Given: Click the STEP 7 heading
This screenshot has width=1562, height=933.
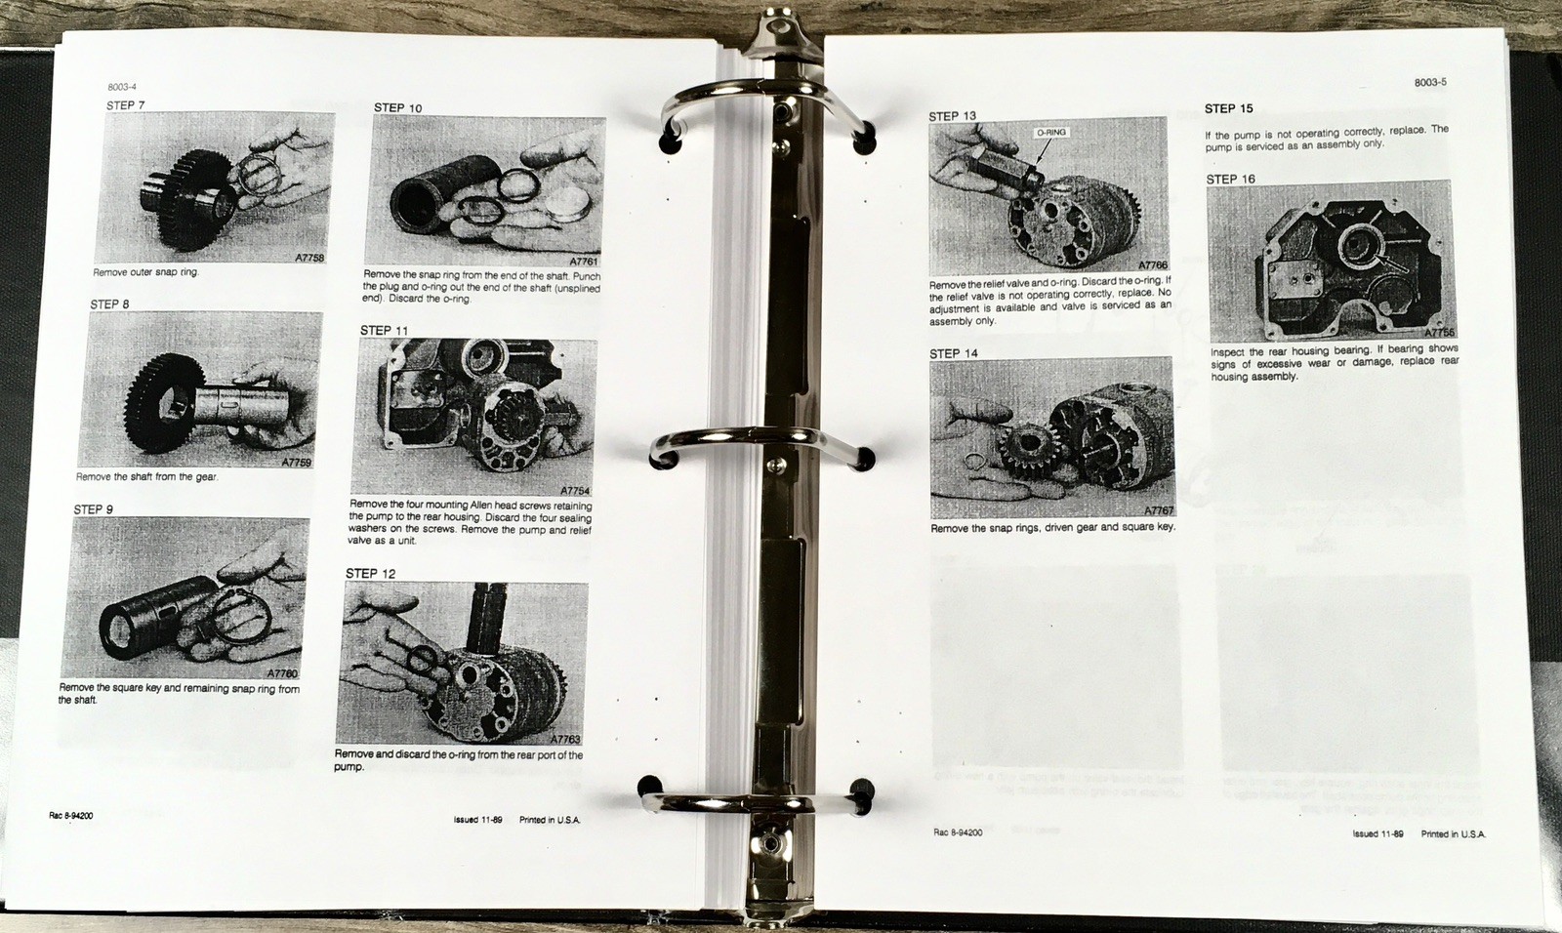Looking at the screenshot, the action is tap(126, 105).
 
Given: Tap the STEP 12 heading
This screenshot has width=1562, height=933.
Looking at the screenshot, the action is tap(370, 573).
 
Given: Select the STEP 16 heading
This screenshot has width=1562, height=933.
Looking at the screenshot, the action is tap(1231, 180).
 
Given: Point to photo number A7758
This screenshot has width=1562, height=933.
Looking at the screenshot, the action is tap(309, 258).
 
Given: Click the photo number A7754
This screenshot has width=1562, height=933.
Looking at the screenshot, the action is tap(575, 491).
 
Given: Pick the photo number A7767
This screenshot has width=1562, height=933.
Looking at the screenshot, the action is tap(1159, 511).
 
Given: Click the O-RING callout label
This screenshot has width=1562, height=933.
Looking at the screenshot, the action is tap(1050, 133).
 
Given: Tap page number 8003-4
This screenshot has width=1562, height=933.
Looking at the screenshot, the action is tap(122, 87).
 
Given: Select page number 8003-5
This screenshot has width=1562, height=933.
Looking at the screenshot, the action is tap(1431, 82).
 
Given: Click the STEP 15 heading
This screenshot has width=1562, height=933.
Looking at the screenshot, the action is tap(1229, 108).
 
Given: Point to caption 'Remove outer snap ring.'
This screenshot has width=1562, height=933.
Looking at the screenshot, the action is tap(145, 272).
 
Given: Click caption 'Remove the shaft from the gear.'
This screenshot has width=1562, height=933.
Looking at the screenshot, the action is tap(146, 477).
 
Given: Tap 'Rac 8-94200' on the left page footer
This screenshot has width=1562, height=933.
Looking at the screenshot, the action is tap(71, 816).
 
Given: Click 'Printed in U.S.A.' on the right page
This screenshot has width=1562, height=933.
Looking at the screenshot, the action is tap(1454, 834).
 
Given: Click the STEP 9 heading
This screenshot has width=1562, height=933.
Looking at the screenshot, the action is tap(93, 509).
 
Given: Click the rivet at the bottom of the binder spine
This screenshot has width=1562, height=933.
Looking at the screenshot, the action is tap(768, 842).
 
